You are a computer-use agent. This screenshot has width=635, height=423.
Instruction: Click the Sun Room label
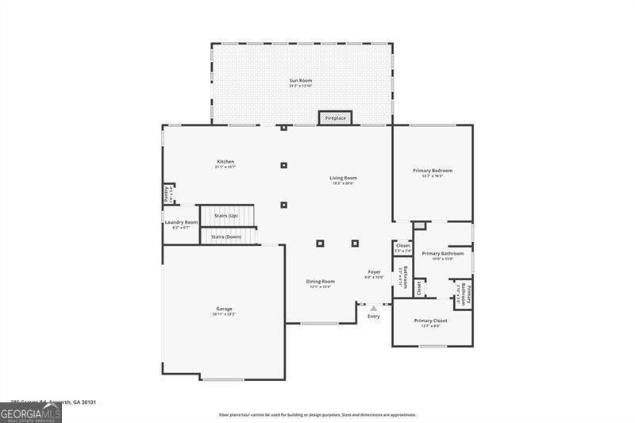click(301, 81)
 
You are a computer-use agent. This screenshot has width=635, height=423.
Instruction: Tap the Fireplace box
click(335, 118)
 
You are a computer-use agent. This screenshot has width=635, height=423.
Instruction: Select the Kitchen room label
click(225, 161)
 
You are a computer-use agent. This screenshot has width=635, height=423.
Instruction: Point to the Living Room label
click(343, 178)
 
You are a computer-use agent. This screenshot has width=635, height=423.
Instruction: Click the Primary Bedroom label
click(433, 171)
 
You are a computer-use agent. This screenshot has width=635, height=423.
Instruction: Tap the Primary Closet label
click(431, 321)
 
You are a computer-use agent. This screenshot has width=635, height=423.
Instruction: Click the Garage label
click(224, 309)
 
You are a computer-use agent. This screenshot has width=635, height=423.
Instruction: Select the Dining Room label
click(321, 281)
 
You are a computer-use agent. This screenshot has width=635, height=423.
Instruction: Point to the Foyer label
click(374, 271)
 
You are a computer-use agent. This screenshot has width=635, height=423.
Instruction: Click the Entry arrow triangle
click(373, 308)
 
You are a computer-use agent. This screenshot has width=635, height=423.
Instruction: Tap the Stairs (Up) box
click(226, 216)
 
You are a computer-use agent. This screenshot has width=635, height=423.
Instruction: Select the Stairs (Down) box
click(228, 236)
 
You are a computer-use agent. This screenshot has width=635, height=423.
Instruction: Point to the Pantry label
click(167, 194)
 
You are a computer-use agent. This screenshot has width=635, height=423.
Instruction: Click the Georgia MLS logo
click(30, 413)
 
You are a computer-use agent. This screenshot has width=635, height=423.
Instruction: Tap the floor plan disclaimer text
click(317, 414)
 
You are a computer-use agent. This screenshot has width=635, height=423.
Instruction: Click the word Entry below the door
click(373, 316)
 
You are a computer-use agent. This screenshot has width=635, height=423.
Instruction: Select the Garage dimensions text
click(224, 314)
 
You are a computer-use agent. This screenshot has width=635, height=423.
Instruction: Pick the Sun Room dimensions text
click(301, 87)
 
